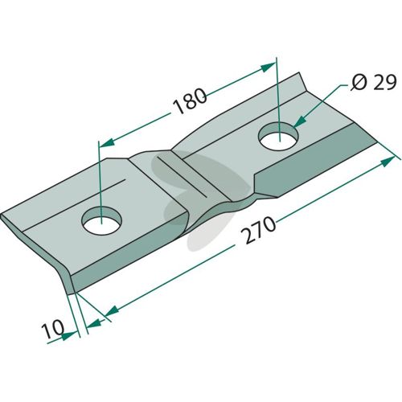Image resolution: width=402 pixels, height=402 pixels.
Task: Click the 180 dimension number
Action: (x=190, y=101)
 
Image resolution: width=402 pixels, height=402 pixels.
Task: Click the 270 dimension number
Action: (x=258, y=230)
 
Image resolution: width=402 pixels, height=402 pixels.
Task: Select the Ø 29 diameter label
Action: (x=373, y=83)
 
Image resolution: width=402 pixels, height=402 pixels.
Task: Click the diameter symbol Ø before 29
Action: (x=359, y=83)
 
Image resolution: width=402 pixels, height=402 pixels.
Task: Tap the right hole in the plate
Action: (x=278, y=136)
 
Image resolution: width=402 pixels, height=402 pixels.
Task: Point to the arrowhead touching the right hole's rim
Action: (x=299, y=121)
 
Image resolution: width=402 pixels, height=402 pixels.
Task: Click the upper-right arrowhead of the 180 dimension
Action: (x=268, y=67)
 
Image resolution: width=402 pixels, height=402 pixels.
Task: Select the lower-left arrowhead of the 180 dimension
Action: (x=107, y=143)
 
